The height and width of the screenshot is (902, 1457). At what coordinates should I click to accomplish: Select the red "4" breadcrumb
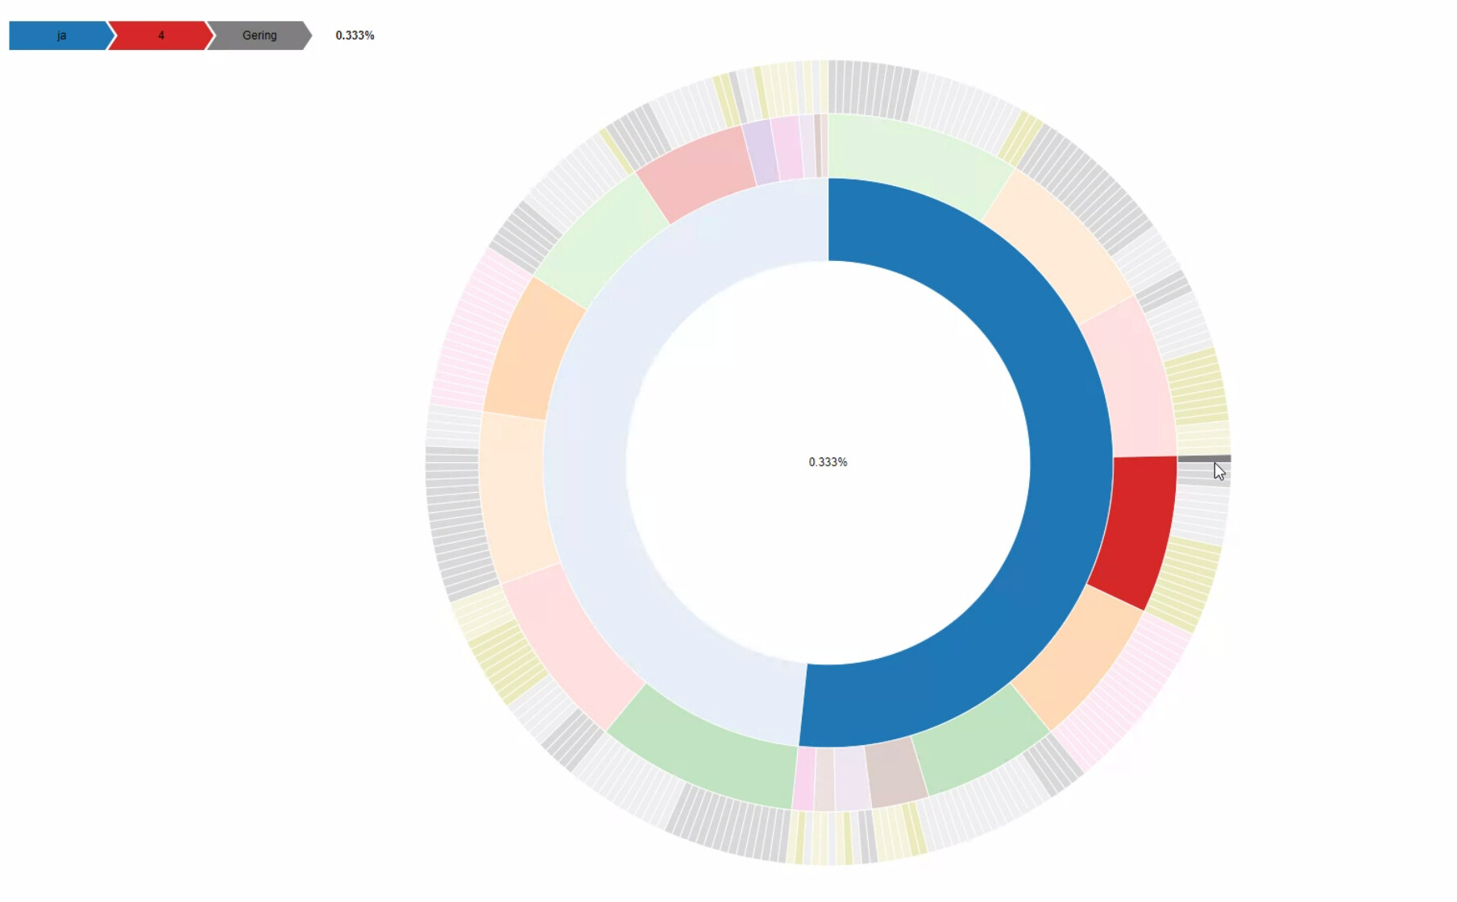[160, 35]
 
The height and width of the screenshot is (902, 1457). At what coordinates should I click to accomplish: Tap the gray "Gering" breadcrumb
[259, 35]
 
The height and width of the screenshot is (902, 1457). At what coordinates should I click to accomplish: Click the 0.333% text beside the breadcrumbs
[355, 35]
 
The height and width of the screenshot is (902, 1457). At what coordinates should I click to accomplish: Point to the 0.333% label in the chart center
[828, 462]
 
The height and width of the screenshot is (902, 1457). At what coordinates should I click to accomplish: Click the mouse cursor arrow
[1218, 471]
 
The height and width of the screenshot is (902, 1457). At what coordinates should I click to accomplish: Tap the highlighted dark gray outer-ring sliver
[1204, 458]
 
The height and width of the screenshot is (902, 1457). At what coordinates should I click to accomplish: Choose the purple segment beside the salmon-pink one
[760, 151]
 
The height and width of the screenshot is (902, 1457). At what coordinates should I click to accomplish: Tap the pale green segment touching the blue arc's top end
[915, 161]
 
